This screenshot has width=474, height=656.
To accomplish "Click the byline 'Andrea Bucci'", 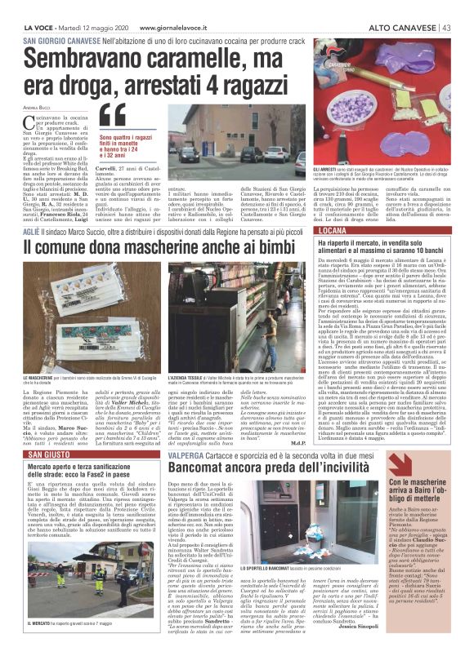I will click(x=37, y=107).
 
